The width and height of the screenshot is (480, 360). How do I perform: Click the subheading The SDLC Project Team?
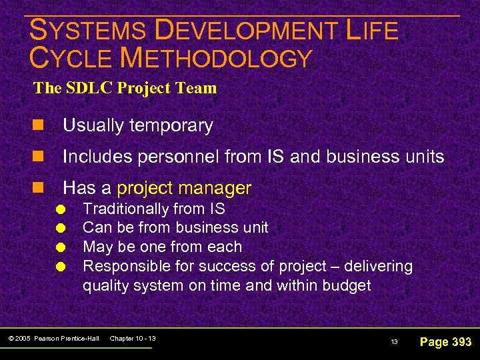pos(125,88)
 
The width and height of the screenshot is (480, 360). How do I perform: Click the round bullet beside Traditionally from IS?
pos(61,209)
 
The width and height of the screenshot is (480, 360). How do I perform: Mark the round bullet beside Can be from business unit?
pos(61,228)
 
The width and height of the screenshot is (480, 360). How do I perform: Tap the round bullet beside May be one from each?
pos(61,247)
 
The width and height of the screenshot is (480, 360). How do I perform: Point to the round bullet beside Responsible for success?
pos(61,267)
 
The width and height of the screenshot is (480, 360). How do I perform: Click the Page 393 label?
pos(445,342)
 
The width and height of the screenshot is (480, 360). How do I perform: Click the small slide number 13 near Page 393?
pos(394,342)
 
